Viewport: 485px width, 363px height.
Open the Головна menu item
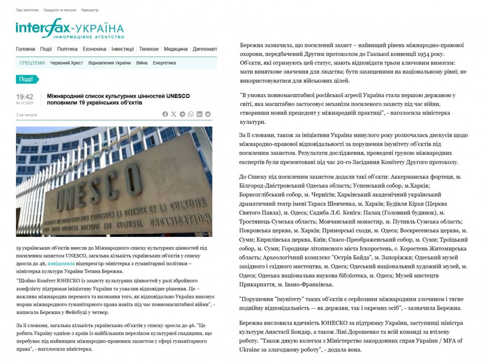click(25, 49)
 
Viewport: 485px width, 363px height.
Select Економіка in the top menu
click(94, 49)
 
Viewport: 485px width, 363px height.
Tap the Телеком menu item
click(148, 49)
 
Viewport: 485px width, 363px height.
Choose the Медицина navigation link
click(176, 49)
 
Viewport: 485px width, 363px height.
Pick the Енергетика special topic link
click(164, 63)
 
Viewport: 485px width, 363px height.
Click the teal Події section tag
click(26, 80)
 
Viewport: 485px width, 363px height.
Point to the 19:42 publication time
click(25, 97)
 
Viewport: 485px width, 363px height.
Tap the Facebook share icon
click(165, 114)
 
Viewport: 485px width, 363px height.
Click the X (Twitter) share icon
click(174, 114)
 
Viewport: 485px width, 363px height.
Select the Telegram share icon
click(182, 114)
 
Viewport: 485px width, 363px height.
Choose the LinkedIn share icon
click(199, 114)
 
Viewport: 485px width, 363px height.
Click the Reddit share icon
click(208, 114)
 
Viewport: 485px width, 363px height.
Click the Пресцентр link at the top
click(90, 10)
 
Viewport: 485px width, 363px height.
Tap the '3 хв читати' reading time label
click(26, 115)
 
